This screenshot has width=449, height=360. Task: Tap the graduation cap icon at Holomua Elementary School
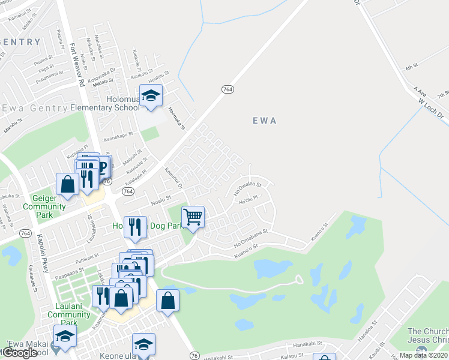pyautogui.click(x=151, y=95)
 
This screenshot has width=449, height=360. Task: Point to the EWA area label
pyautogui.click(x=264, y=121)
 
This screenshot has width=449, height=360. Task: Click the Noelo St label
pyautogui.click(x=161, y=199)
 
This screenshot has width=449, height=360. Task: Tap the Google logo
pyautogui.click(x=19, y=353)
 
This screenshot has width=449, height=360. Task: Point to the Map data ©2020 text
pyautogui.click(x=423, y=355)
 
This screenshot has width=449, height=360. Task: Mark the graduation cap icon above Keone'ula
pyautogui.click(x=143, y=344)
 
